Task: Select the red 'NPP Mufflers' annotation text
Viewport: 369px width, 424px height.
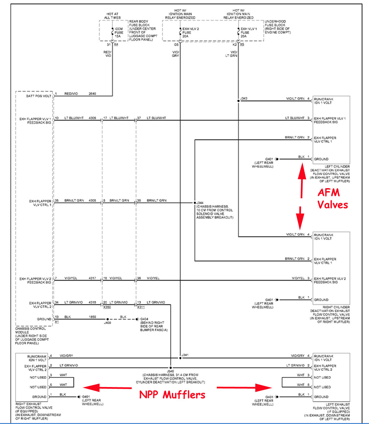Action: click(172, 395)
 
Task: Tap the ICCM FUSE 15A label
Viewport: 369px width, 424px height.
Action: click(119, 33)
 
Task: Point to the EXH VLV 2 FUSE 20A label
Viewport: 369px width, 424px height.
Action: click(190, 33)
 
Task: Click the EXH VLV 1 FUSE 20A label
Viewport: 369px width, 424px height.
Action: click(249, 33)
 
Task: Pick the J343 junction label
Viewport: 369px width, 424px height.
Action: click(244, 99)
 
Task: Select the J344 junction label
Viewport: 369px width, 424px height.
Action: click(200, 203)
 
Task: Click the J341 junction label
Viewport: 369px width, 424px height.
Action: click(185, 355)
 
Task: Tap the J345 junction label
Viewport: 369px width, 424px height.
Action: click(170, 371)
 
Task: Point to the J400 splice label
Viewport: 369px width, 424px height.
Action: click(107, 323)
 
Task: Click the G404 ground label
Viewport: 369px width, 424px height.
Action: click(144, 319)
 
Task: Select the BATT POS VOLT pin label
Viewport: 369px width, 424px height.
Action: click(39, 96)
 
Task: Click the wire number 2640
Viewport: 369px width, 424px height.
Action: click(92, 94)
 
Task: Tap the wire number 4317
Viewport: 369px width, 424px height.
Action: click(92, 278)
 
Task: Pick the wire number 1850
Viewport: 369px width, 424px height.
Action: click(92, 317)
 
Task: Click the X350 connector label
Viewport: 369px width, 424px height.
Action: click(107, 307)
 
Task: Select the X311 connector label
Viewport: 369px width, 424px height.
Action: click(141, 307)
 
